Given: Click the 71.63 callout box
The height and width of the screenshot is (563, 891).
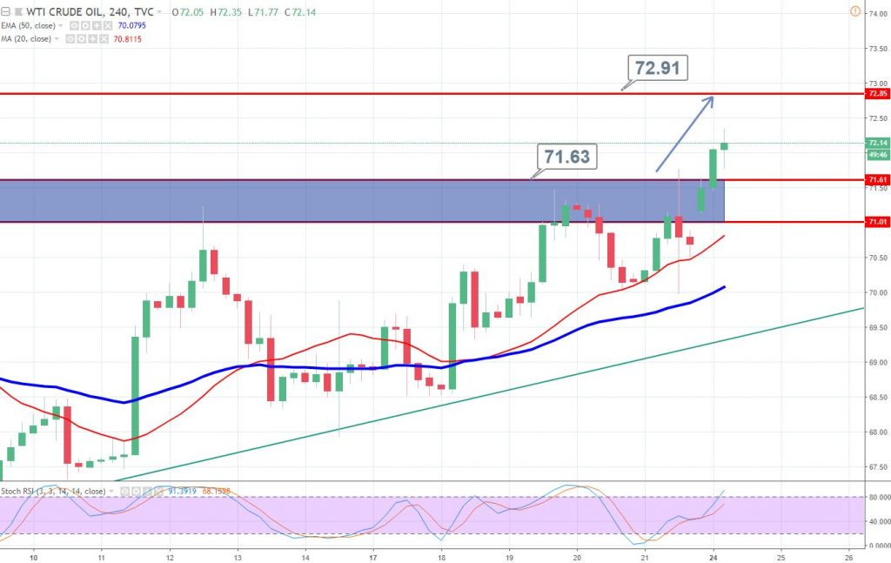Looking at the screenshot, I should [566, 158].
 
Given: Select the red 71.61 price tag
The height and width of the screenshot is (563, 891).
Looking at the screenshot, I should [876, 180].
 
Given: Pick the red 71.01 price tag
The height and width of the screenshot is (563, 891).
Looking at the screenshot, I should [876, 223].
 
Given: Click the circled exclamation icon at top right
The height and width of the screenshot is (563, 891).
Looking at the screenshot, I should [854, 12].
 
